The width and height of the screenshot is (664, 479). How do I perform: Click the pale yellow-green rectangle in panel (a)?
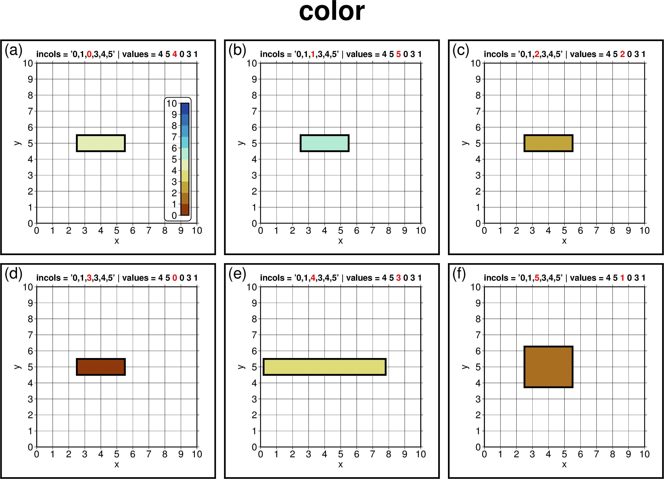click(x=101, y=143)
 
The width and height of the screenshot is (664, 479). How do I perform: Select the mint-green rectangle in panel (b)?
click(x=324, y=143)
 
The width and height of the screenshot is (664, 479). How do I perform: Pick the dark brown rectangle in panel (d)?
click(x=101, y=367)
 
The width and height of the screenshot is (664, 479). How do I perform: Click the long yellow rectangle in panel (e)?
click(x=324, y=367)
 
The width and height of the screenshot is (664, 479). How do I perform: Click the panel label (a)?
click(x=13, y=50)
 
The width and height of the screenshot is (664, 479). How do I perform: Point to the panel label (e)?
click(x=237, y=274)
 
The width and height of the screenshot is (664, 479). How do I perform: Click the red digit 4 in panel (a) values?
click(x=175, y=54)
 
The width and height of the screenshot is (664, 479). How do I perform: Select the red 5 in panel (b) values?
click(x=398, y=54)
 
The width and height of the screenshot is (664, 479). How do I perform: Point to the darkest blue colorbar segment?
click(x=185, y=109)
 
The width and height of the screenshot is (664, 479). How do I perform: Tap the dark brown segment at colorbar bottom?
click(x=185, y=209)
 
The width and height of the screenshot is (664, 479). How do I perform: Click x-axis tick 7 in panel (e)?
click(x=372, y=454)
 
